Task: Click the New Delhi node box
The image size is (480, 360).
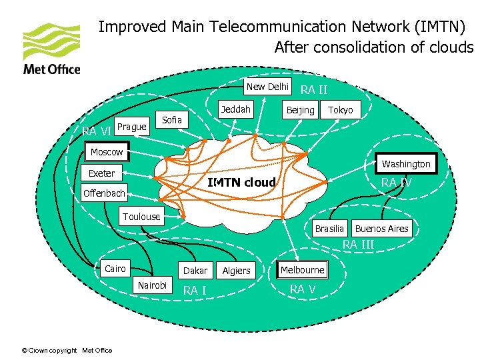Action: (267, 87)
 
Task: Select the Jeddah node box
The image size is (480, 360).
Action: (236, 109)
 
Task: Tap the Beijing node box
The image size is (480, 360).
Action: (300, 110)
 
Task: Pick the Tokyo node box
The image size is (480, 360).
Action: (341, 110)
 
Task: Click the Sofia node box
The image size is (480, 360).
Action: (172, 120)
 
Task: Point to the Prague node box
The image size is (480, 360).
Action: (131, 127)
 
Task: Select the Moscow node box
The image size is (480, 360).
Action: (107, 152)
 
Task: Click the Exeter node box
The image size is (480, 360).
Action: (102, 173)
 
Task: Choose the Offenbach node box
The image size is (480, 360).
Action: (104, 194)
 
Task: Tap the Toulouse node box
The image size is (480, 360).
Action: (141, 216)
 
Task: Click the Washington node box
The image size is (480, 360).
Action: (406, 164)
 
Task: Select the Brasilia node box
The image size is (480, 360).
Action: (330, 229)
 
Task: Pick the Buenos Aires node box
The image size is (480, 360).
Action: (381, 229)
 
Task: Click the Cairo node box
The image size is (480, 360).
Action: (115, 269)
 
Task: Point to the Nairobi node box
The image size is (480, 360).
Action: (153, 285)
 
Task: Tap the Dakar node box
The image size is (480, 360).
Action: (195, 270)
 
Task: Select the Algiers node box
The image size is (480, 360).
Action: (236, 270)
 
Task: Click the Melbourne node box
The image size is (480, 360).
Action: (303, 270)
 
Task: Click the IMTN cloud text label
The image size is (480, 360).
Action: (241, 183)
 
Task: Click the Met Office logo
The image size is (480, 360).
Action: (51, 49)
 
